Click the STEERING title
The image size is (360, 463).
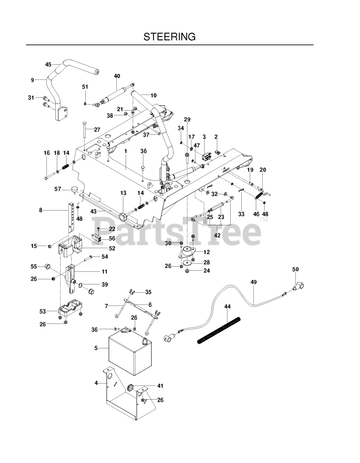(170, 37)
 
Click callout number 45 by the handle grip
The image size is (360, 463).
(48, 64)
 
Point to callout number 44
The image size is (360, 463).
(227, 306)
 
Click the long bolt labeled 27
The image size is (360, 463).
(83, 130)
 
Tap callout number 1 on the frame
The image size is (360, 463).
(125, 150)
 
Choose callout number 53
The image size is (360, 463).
(43, 311)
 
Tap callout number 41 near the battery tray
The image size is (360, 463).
(160, 386)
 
